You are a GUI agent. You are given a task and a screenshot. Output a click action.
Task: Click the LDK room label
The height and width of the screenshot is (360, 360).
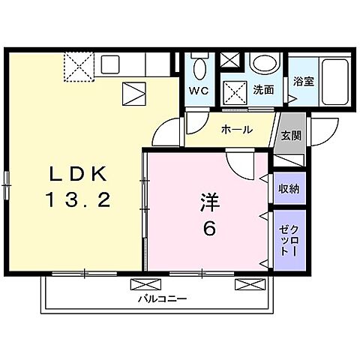click(x=79, y=174)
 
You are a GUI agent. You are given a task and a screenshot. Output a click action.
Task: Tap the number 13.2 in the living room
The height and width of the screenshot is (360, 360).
click(x=79, y=199)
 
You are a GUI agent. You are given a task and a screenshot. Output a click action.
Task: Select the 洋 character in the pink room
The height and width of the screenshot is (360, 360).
click(x=209, y=202)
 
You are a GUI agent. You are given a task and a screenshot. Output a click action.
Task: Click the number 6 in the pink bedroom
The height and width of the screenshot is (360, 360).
click(x=209, y=229)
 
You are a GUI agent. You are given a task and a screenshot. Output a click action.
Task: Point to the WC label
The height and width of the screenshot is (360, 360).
click(x=199, y=91)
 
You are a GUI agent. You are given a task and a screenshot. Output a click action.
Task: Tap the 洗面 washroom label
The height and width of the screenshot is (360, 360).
click(x=263, y=90)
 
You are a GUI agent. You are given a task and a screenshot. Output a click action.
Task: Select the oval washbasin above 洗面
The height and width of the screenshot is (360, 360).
click(x=265, y=63)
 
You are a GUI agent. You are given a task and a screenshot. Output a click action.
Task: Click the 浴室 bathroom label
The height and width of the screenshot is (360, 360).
click(x=304, y=81)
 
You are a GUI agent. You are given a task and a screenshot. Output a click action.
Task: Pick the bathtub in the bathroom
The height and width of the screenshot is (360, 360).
click(x=335, y=82)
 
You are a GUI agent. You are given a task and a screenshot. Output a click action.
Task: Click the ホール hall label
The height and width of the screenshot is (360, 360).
click(x=237, y=130)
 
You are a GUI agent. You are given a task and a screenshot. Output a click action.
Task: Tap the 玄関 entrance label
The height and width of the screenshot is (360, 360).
click(x=291, y=136)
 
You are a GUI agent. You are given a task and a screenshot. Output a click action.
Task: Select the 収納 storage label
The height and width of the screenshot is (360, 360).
click(x=289, y=189)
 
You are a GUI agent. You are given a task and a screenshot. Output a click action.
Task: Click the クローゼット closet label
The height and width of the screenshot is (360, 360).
click(x=289, y=240)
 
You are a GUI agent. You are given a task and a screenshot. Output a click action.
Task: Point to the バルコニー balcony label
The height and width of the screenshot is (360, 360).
click(x=163, y=298)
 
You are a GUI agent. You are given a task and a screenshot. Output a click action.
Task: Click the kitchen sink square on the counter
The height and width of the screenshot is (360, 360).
click(x=110, y=64)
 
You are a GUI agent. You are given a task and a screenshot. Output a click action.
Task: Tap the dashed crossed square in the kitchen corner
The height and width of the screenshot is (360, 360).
click(x=79, y=67)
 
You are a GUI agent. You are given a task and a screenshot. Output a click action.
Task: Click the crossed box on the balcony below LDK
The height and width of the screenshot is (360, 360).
click(x=146, y=284)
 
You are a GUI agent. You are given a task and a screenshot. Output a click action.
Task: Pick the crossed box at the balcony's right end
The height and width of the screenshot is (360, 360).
click(x=250, y=284)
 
